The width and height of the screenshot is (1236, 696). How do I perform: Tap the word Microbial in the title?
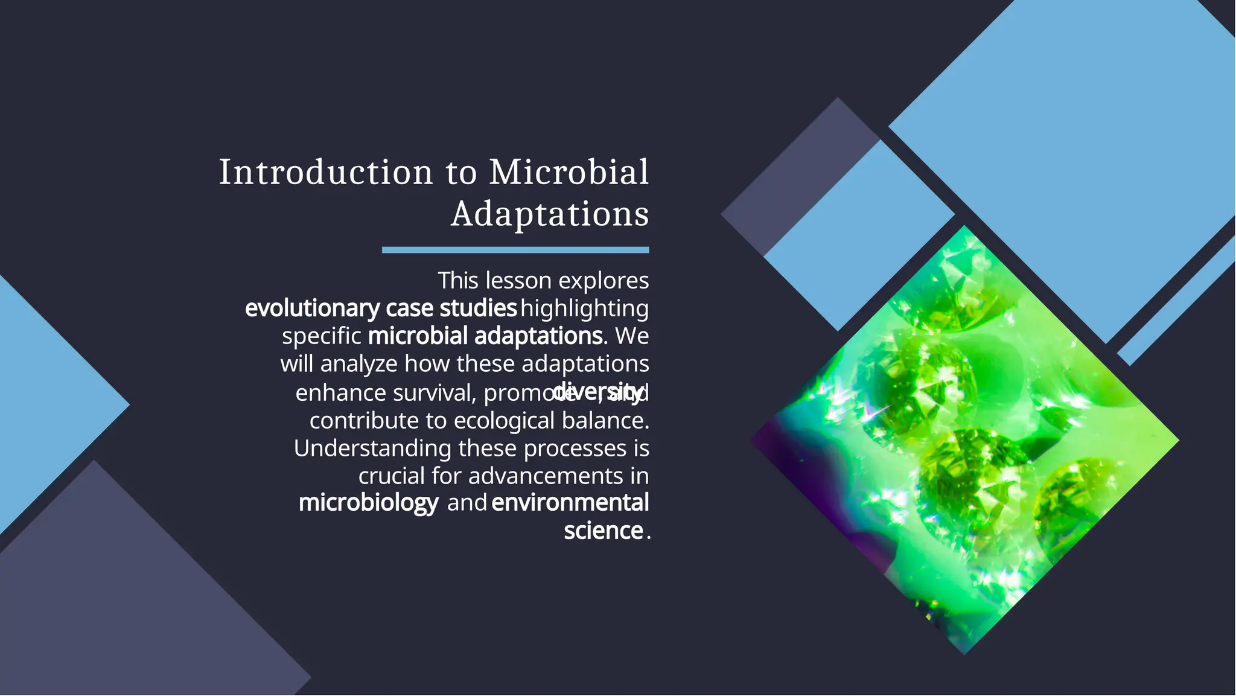click(569, 173)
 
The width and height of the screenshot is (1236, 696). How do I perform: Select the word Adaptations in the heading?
click(550, 214)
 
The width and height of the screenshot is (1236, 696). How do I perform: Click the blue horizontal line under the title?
click(515, 250)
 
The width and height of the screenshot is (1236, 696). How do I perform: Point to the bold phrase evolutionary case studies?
click(381, 308)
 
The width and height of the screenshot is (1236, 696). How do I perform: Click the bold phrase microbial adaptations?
click(485, 336)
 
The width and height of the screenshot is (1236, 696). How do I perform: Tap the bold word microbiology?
click(368, 503)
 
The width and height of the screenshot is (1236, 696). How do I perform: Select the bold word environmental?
click(570, 503)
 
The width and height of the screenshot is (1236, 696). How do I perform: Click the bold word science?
click(603, 531)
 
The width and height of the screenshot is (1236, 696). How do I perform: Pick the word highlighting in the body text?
click(584, 308)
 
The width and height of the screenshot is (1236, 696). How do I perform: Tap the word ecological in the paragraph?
click(504, 421)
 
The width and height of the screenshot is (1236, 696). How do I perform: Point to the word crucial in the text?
click(392, 476)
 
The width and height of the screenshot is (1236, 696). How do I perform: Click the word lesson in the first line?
click(518, 281)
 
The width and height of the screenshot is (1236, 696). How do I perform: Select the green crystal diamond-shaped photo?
click(964, 441)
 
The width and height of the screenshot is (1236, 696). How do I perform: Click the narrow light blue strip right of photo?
click(1177, 302)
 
